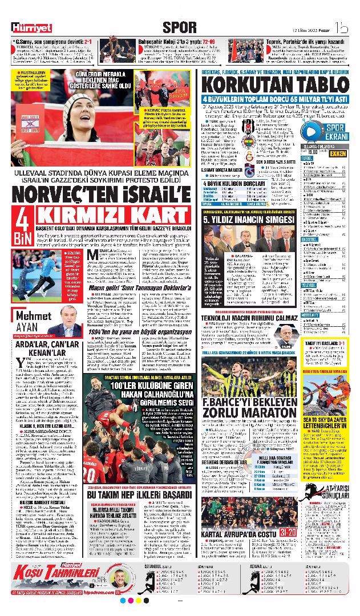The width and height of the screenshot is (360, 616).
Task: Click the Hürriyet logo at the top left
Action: point(32,27)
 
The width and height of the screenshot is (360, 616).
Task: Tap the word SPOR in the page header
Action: point(179,26)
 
